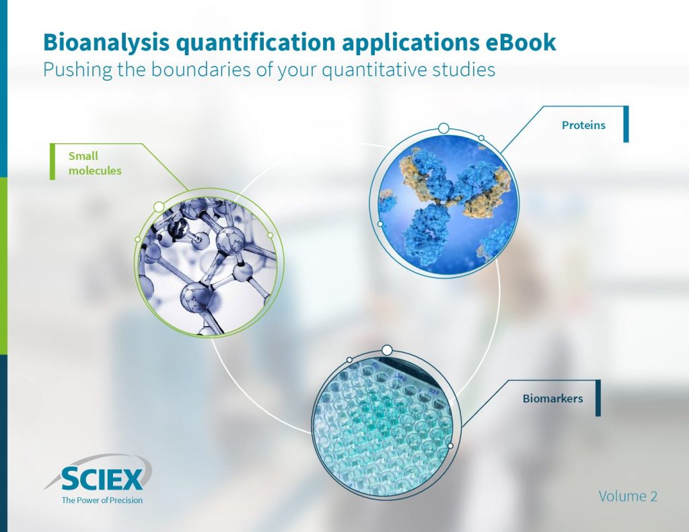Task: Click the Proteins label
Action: tap(583, 124)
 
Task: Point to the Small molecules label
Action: tap(95, 163)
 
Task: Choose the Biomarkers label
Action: tap(552, 399)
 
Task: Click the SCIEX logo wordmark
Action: tap(102, 480)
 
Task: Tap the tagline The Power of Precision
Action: tap(102, 500)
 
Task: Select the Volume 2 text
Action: tap(628, 496)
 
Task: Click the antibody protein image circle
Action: tap(443, 201)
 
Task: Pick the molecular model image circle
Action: tap(209, 262)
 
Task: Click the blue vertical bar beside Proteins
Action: tap(626, 124)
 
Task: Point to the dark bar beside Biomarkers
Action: tap(597, 398)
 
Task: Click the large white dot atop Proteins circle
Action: tap(443, 128)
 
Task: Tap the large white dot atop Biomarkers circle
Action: tap(387, 350)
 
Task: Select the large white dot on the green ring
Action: tap(159, 206)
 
